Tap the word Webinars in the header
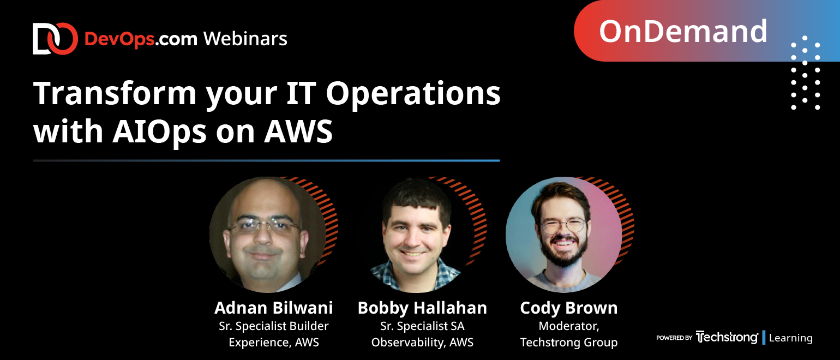tap(245, 39)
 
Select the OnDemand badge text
tap(683, 31)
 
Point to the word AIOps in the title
tap(174, 131)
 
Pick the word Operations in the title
tap(413, 94)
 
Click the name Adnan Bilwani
tap(273, 308)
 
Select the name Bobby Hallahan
tap(422, 308)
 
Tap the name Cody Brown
tap(569, 308)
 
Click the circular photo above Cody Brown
tap(563, 235)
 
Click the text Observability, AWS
tap(422, 343)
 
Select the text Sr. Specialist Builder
tap(273, 326)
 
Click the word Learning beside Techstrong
tap(790, 338)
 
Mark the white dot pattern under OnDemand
tap(806, 74)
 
